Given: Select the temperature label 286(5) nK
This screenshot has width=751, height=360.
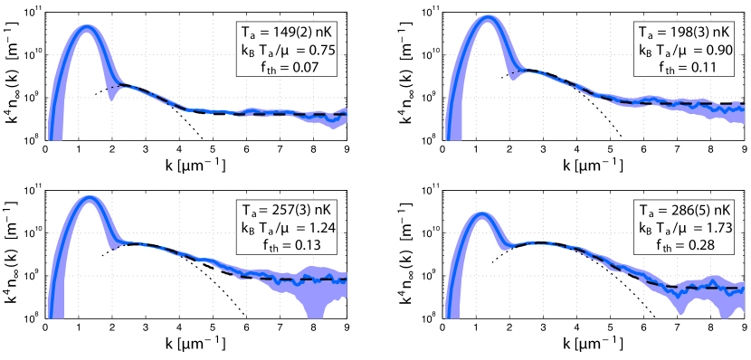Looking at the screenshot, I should [x=701, y=213].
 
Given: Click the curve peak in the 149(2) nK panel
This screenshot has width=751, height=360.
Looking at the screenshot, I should [x=87, y=27].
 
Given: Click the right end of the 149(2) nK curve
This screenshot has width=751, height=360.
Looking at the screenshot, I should [x=346, y=113].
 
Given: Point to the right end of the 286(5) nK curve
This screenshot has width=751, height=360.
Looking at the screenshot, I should [x=743, y=289].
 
